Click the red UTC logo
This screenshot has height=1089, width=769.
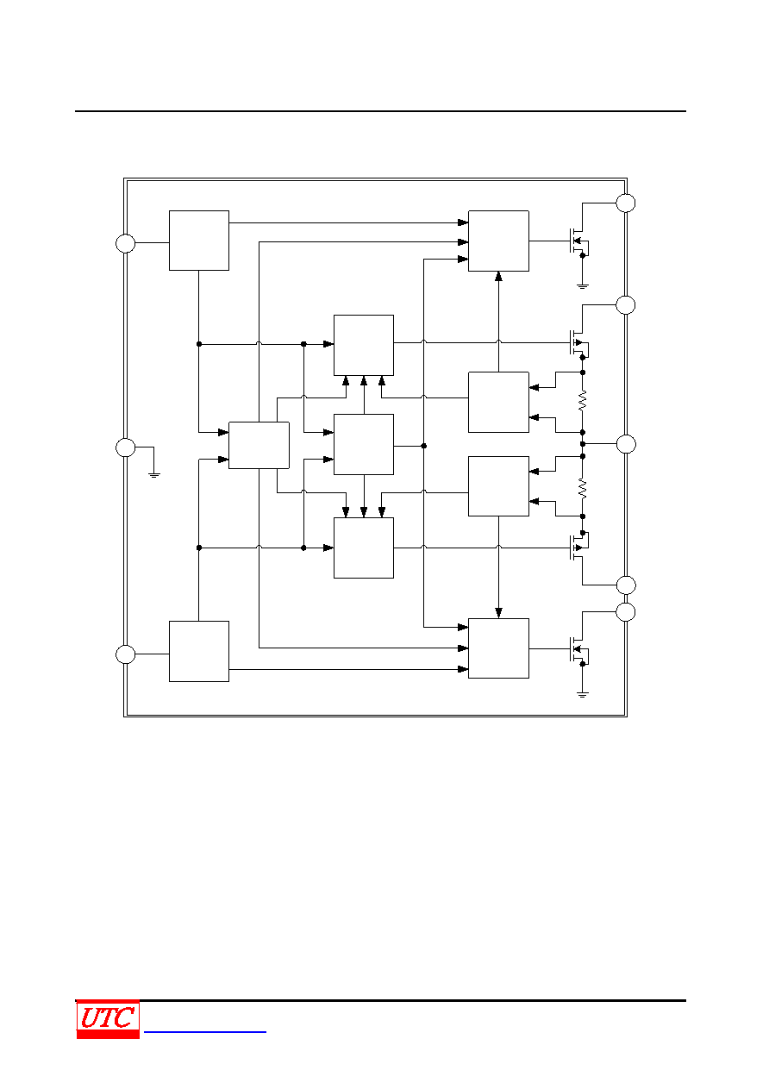[108, 1018]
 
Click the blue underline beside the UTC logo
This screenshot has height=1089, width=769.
[205, 1031]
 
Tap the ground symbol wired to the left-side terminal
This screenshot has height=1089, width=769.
[154, 474]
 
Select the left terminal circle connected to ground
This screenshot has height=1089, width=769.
[125, 447]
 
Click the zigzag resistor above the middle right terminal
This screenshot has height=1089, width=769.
[582, 401]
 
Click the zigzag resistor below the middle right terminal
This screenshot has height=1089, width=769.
[582, 488]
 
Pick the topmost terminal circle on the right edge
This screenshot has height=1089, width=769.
[626, 203]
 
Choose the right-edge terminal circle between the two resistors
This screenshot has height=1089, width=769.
[626, 444]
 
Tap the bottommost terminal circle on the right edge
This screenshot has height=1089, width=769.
[626, 612]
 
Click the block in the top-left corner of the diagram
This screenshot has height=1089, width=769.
[199, 241]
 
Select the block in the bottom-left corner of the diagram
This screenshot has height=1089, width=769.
[199, 652]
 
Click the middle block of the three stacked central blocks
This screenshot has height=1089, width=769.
[364, 444]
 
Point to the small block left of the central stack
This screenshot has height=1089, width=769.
[259, 445]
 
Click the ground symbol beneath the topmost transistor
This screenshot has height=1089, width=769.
[582, 286]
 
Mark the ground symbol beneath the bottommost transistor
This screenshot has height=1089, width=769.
[582, 695]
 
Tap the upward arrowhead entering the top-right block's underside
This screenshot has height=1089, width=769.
[498, 276]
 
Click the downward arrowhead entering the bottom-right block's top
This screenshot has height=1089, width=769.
[498, 613]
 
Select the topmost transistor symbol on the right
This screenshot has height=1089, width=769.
[578, 241]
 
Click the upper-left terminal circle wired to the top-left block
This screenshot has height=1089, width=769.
[125, 243]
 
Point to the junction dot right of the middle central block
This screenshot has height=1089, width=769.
[424, 446]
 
